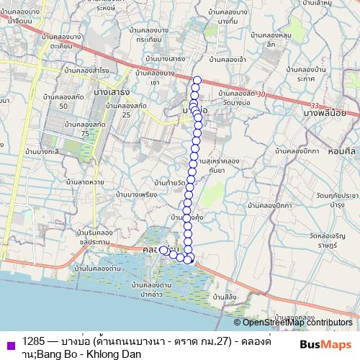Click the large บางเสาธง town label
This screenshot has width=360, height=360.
tap(110, 91)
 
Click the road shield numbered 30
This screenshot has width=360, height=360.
tap(261, 94)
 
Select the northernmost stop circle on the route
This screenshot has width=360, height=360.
tap(197, 80)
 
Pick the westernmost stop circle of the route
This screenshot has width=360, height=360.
tap(163, 250)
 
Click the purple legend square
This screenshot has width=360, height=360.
tap(8, 343)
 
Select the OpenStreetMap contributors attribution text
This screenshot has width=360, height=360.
tap(297, 323)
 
